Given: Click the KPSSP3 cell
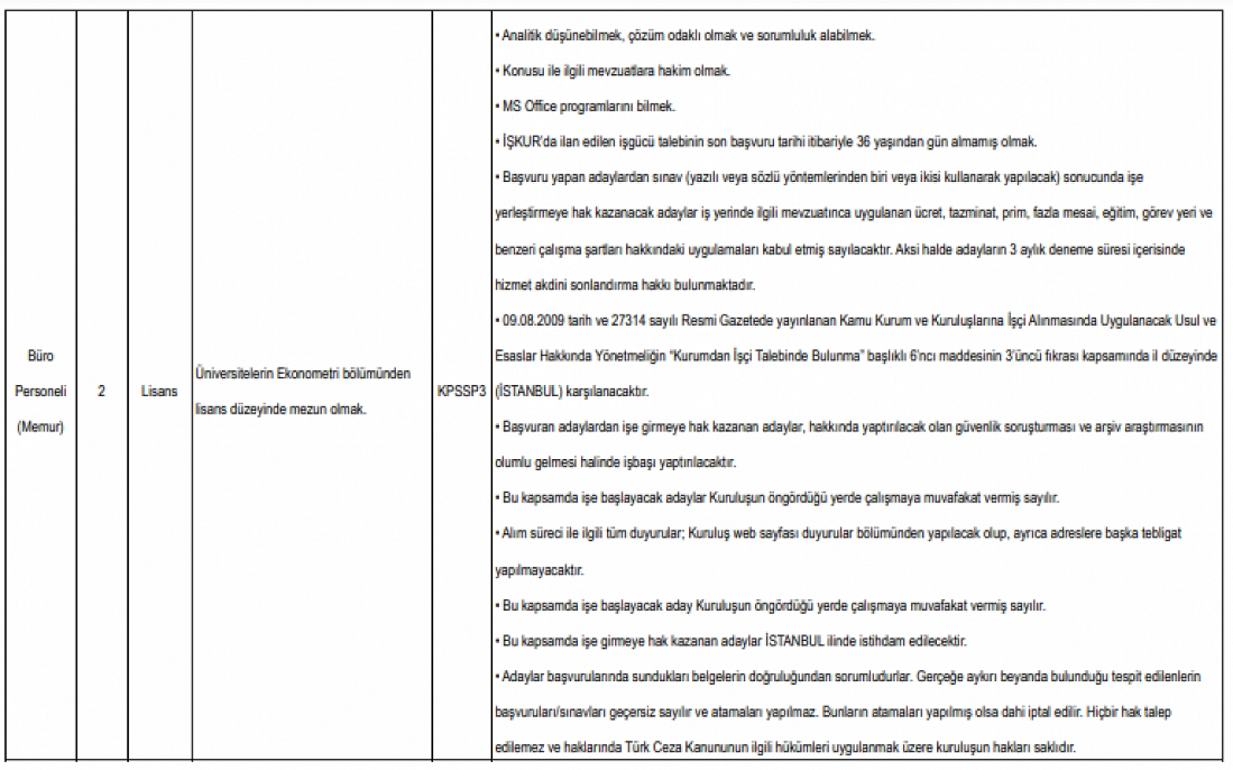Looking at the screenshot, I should pos(461,392).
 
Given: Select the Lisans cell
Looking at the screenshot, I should pos(159,392).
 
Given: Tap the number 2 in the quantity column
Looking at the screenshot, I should pos(101,392).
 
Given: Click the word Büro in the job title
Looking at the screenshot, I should pos(40,356).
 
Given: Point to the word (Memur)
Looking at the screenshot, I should pos(40,427).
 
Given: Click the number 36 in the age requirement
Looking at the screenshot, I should pos(863,142).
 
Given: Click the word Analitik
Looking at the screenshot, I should pos(520,35).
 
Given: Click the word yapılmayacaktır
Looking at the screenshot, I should pos(540,570).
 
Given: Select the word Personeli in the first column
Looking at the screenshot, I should pos(40,392).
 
